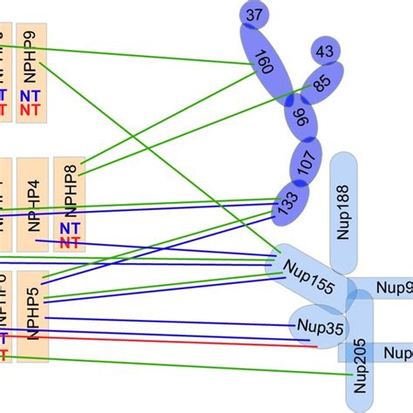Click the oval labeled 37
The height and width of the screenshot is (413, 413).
click(x=254, y=15)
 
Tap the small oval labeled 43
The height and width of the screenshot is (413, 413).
click(x=325, y=52)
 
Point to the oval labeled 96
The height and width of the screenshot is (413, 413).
click(x=302, y=118)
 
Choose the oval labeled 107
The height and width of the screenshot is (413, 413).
click(x=304, y=163)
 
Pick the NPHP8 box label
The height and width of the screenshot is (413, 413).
click(x=71, y=189)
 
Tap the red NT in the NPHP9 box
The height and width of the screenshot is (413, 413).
click(x=30, y=111)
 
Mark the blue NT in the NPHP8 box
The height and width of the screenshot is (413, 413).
click(x=71, y=228)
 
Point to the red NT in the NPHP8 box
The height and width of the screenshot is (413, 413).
click(x=71, y=243)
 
